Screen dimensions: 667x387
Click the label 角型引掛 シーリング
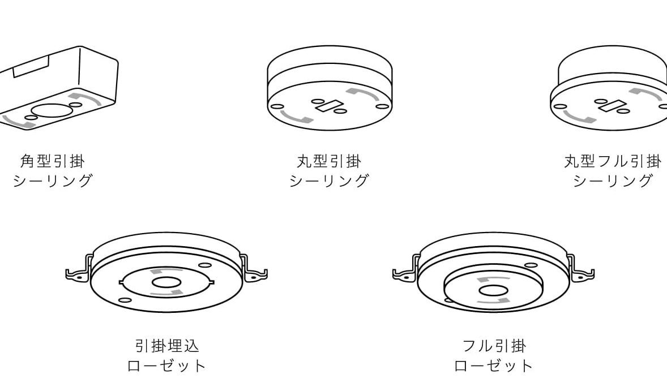point(53,171)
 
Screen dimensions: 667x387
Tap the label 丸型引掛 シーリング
point(329,171)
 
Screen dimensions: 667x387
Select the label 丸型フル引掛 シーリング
point(613,171)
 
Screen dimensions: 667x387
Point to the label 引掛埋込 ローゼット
point(166,355)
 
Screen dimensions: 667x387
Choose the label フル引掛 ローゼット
point(494,355)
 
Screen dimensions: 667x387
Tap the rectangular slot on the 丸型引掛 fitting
point(329,106)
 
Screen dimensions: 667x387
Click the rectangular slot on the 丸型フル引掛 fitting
point(612,105)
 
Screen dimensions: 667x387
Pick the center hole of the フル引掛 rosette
point(493,291)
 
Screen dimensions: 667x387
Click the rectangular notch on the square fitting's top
point(31,67)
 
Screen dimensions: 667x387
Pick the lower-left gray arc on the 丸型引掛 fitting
point(295,117)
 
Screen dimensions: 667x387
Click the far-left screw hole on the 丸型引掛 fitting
point(277,106)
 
